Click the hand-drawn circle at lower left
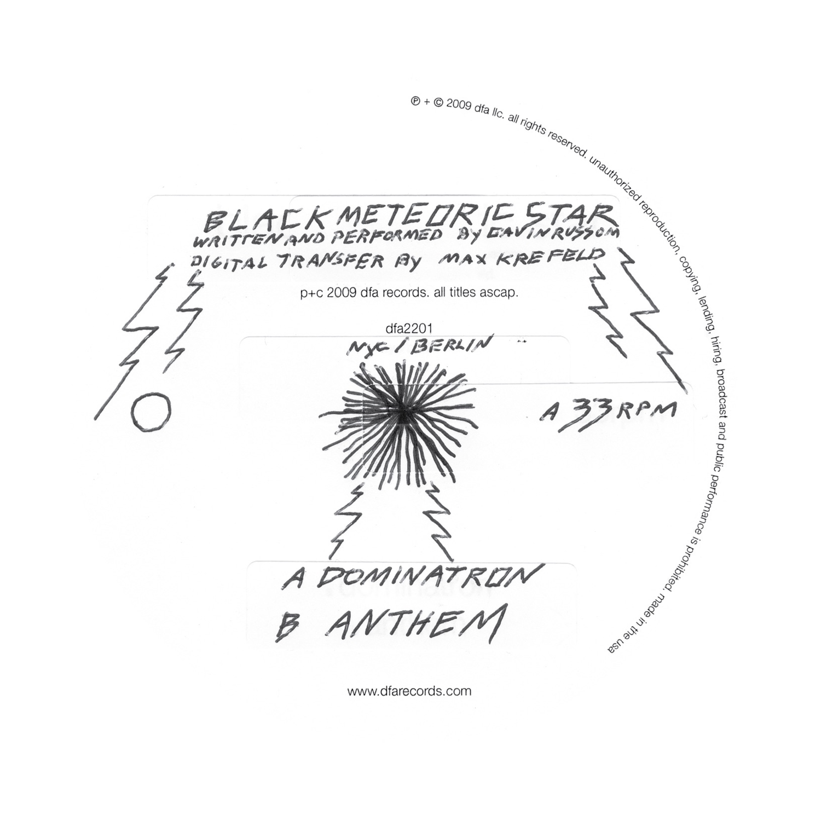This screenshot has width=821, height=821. click(151, 411)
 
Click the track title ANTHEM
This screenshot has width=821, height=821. click(414, 624)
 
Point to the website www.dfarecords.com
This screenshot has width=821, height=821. click(409, 691)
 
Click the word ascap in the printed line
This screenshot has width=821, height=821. click(500, 293)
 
